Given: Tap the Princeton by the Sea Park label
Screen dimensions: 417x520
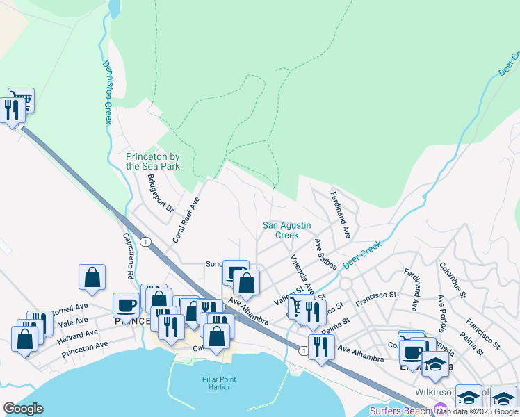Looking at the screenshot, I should tap(153, 161).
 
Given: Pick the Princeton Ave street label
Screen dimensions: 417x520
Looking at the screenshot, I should tap(85, 345).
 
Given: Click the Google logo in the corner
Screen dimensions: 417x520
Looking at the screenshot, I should tap(23, 409).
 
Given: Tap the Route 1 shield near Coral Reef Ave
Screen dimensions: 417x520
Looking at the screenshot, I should tap(145, 241).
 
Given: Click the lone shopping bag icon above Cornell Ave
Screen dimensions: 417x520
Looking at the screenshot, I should tap(92, 277).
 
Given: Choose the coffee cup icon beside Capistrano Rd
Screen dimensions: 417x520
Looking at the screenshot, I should tap(127, 304).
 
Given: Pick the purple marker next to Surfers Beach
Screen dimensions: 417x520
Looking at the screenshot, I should tap(438, 409).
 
